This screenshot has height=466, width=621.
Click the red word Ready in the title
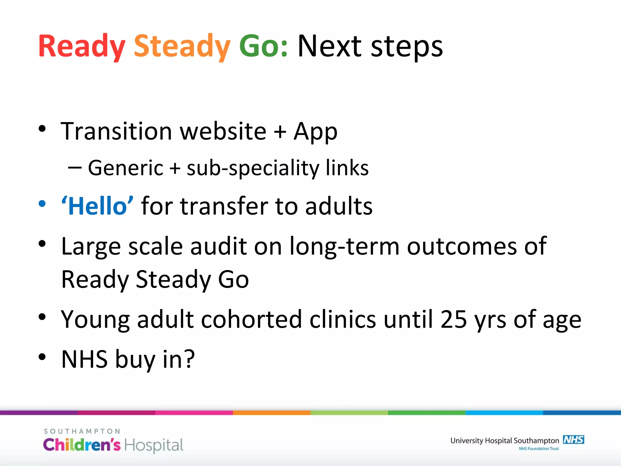81,46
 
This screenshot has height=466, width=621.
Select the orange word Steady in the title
182,46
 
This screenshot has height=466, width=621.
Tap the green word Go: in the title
263,46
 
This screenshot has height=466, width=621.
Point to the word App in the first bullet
315,132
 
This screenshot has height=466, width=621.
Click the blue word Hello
97,206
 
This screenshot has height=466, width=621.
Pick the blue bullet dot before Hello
42,204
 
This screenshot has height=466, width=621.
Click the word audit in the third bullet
218,246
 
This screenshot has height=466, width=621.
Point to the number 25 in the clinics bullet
453,319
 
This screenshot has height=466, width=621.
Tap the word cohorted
251,319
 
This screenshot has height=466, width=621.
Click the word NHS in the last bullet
84,359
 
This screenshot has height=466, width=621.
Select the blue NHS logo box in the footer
573,440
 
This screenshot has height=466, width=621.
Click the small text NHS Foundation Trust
539,449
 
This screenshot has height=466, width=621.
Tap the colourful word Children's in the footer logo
82,445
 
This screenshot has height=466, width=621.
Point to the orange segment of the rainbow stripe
271,413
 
